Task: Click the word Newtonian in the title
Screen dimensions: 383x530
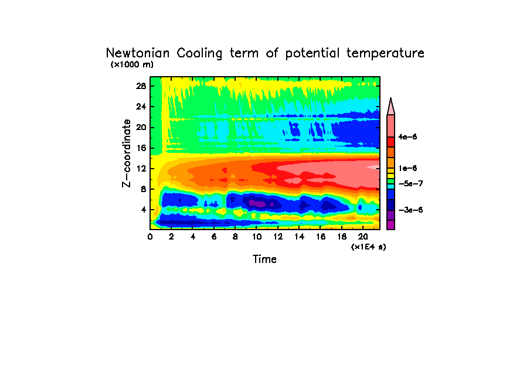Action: pos(138,53)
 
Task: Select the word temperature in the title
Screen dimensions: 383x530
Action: pos(385,53)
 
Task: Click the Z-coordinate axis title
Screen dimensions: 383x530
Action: pos(126,153)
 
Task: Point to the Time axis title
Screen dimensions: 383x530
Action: pos(264,259)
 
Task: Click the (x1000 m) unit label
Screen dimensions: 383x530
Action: pos(132,64)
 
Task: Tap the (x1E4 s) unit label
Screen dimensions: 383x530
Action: pos(368,247)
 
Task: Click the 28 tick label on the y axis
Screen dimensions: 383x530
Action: pos(141,86)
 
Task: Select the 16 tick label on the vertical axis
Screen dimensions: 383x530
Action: pos(141,148)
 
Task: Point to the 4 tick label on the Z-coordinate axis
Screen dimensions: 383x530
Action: pos(143,210)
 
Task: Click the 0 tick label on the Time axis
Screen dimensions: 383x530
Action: pos(150,236)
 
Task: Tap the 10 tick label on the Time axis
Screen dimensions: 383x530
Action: pos(257,236)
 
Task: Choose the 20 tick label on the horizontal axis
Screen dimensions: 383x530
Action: pos(363,236)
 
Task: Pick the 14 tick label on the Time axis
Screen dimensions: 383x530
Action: pos(299,236)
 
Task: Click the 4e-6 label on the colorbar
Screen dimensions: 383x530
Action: pos(407,137)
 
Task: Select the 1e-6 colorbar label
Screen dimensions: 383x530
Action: pos(407,169)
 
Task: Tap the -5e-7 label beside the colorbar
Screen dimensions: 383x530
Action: pos(410,184)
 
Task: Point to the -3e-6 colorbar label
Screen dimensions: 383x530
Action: pos(410,210)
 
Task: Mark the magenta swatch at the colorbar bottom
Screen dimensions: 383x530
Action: pos(390,225)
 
